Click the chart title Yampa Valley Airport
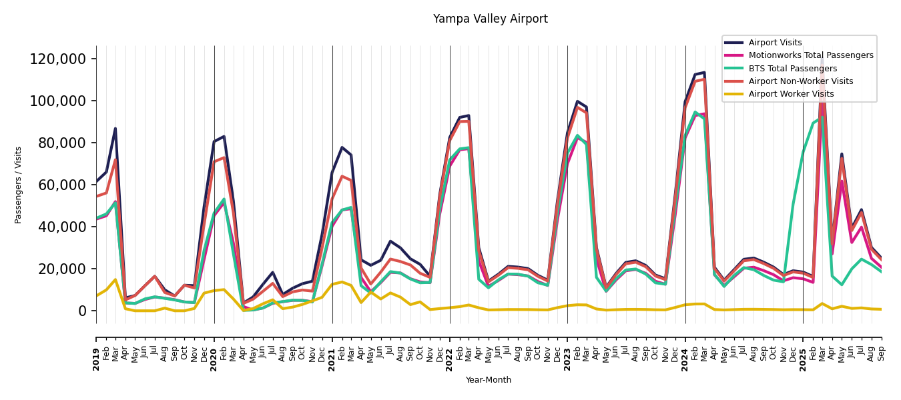[490, 19]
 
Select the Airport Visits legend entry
[775, 43]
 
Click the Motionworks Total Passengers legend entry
[810, 55]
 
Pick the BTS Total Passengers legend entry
[792, 69]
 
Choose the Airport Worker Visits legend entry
[791, 94]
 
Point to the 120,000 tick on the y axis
[58, 59]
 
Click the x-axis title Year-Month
[489, 380]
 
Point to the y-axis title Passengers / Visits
[19, 185]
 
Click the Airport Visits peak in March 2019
[115, 129]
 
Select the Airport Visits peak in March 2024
[704, 72]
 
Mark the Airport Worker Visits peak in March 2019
[115, 279]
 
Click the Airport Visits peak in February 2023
[577, 101]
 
